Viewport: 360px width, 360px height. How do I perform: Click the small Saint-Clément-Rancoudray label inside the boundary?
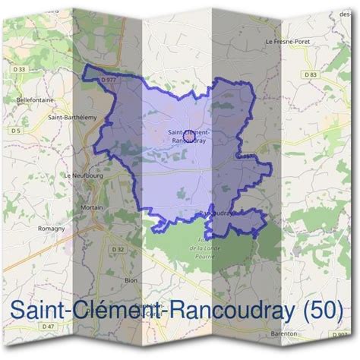tap(188, 135)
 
